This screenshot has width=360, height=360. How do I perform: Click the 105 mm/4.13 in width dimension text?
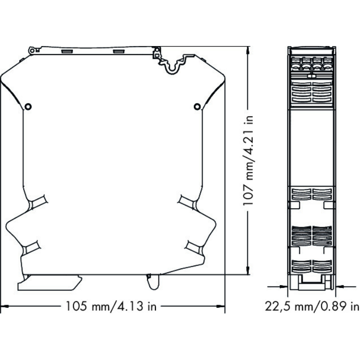click(x=111, y=306)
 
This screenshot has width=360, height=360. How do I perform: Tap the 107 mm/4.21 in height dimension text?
click(x=248, y=160)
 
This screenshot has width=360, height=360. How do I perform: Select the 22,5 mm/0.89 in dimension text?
click(x=312, y=306)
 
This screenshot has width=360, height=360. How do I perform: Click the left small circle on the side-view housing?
click(x=28, y=107)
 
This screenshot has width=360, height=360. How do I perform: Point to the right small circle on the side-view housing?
click(x=197, y=107)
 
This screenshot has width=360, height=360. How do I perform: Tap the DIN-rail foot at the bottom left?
click(x=49, y=283)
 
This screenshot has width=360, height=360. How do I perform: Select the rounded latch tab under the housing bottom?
click(x=153, y=282)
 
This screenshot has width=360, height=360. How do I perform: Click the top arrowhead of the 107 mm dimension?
click(x=248, y=50)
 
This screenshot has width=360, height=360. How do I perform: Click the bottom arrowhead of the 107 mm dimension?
click(x=248, y=270)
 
